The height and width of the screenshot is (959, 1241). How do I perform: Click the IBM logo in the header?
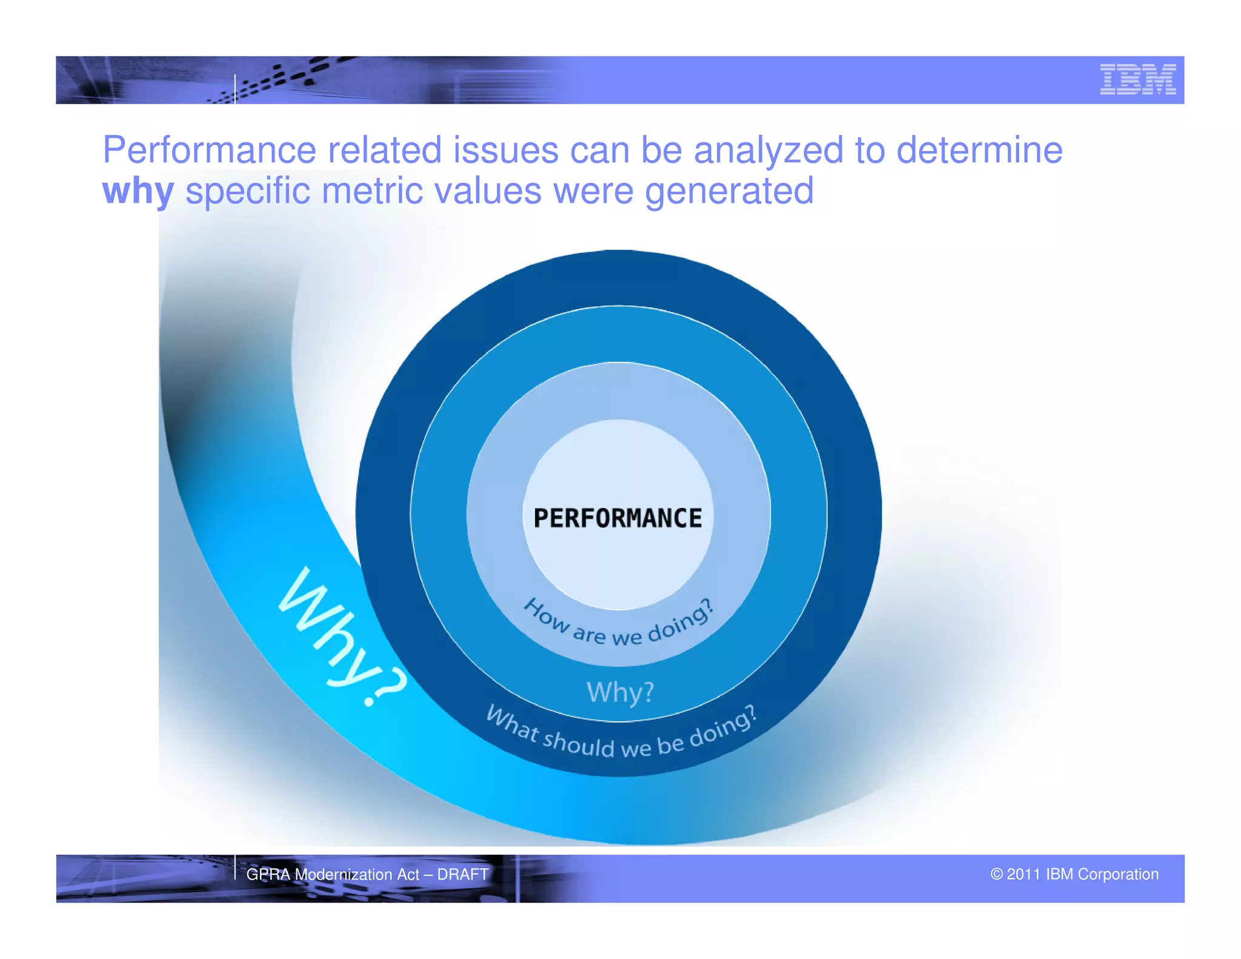1137,79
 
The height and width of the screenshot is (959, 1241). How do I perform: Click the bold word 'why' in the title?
138,192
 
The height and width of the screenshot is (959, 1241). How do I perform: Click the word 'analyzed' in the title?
768,151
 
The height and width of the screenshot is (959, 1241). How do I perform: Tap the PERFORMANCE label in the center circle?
617,518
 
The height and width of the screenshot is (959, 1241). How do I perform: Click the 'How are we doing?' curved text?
619,627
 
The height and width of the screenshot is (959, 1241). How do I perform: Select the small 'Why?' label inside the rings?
620,692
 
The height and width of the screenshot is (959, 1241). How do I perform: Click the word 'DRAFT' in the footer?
462,874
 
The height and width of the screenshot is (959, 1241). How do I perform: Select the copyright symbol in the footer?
996,874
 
